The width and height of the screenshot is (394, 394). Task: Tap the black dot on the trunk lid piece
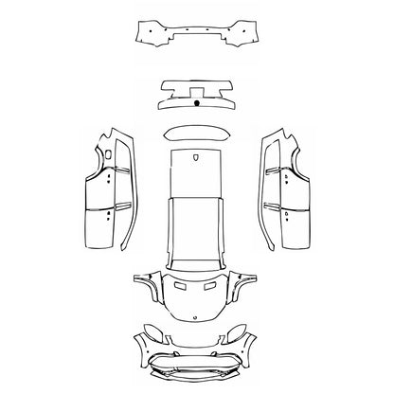tap(195, 101)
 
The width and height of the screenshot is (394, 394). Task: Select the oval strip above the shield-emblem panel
tap(197, 135)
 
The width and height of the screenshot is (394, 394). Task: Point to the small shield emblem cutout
tap(197, 158)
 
